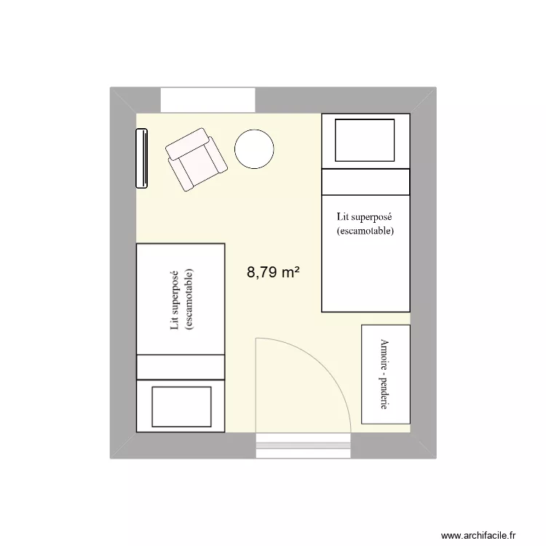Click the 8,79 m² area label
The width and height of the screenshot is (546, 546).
pyautogui.click(x=274, y=273)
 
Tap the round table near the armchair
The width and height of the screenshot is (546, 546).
pyautogui.click(x=254, y=150)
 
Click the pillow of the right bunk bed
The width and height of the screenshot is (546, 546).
pyautogui.click(x=364, y=140)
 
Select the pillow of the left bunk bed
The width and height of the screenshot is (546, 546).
pyautogui.click(x=181, y=406)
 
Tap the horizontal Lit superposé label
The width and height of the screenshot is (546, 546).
pyautogui.click(x=365, y=217)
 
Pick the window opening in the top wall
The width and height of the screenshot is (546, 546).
pyautogui.click(x=207, y=100)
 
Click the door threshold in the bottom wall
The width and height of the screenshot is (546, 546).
pyautogui.click(x=304, y=446)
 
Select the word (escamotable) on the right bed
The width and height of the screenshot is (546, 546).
pyautogui.click(x=365, y=232)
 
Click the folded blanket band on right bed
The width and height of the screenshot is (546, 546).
pyautogui.click(x=365, y=182)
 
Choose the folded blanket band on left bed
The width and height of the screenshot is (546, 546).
pyautogui.click(x=181, y=367)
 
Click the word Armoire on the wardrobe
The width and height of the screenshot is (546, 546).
pyautogui.click(x=383, y=355)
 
